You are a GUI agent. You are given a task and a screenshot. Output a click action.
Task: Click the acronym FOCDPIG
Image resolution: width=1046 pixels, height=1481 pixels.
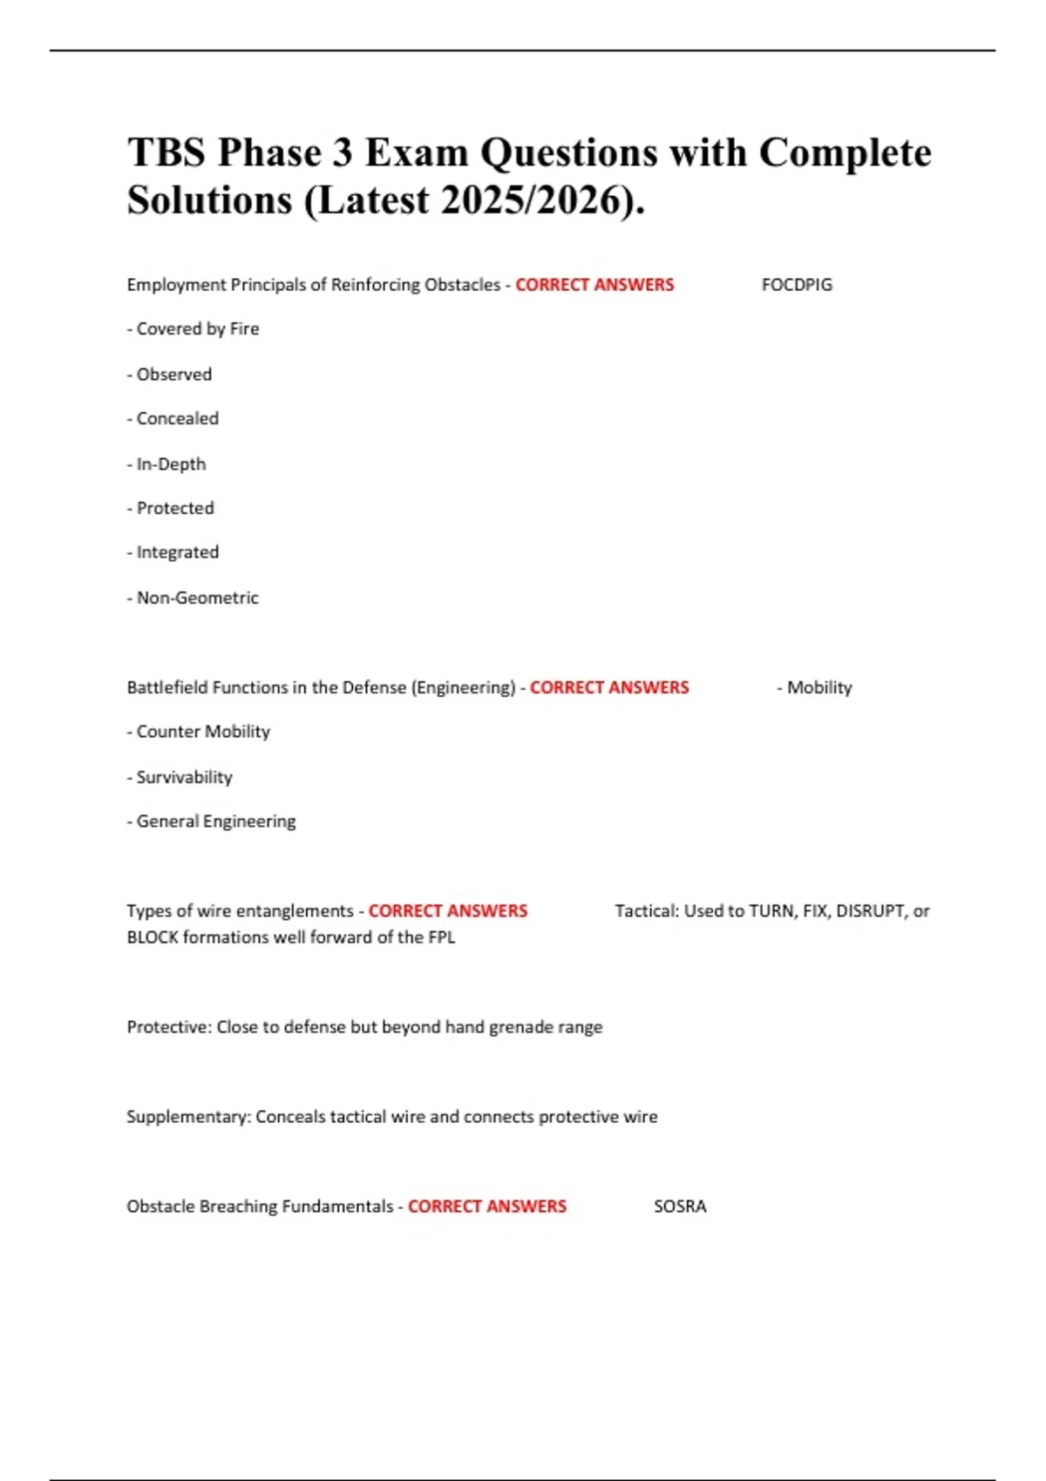tap(797, 285)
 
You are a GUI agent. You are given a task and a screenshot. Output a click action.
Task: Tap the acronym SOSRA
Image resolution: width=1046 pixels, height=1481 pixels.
tap(680, 1207)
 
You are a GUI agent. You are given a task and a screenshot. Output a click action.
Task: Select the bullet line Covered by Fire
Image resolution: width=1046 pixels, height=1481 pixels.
tap(194, 329)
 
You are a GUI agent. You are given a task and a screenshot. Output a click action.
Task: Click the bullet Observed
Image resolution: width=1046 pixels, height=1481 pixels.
tap(170, 375)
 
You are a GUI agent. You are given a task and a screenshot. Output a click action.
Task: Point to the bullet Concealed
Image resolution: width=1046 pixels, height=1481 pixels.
tap(173, 419)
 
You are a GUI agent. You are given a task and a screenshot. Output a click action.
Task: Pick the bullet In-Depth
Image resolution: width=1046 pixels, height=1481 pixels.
tap(167, 464)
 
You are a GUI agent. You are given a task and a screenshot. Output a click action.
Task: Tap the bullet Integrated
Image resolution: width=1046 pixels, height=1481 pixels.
tap(173, 552)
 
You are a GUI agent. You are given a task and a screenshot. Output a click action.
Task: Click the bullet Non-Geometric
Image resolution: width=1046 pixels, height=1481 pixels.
tap(194, 598)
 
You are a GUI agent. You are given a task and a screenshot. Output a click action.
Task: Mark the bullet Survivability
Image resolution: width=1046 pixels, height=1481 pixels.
tap(180, 777)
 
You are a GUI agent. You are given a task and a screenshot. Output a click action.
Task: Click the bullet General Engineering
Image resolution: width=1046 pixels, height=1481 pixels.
tap(212, 822)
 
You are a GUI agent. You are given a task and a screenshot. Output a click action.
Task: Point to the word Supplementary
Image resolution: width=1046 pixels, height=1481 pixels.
tap(187, 1117)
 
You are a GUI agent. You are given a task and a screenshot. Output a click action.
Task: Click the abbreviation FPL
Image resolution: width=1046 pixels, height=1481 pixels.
tap(441, 938)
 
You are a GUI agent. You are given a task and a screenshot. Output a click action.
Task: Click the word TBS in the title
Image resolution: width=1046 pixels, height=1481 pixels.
tap(166, 153)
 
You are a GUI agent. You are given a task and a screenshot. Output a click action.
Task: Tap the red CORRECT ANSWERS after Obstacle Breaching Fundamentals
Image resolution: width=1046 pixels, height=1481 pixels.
tap(487, 1207)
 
